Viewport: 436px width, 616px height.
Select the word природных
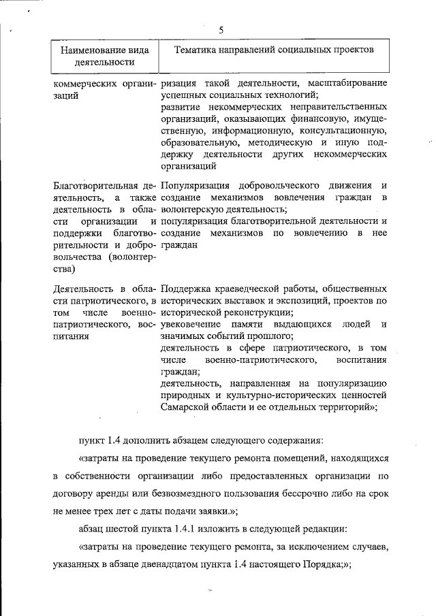(185, 395)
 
